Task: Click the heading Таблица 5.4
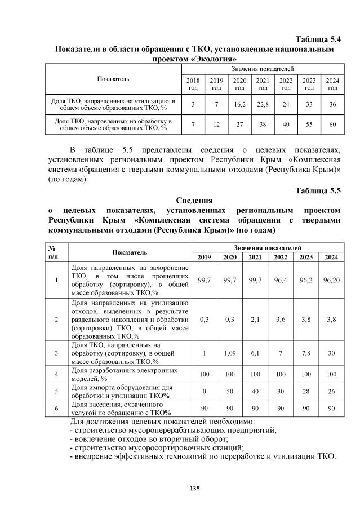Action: tap(318, 39)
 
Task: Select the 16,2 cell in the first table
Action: tap(239, 104)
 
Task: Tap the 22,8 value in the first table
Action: tap(263, 104)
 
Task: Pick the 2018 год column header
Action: tap(193, 85)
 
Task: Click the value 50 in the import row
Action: tap(230, 391)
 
